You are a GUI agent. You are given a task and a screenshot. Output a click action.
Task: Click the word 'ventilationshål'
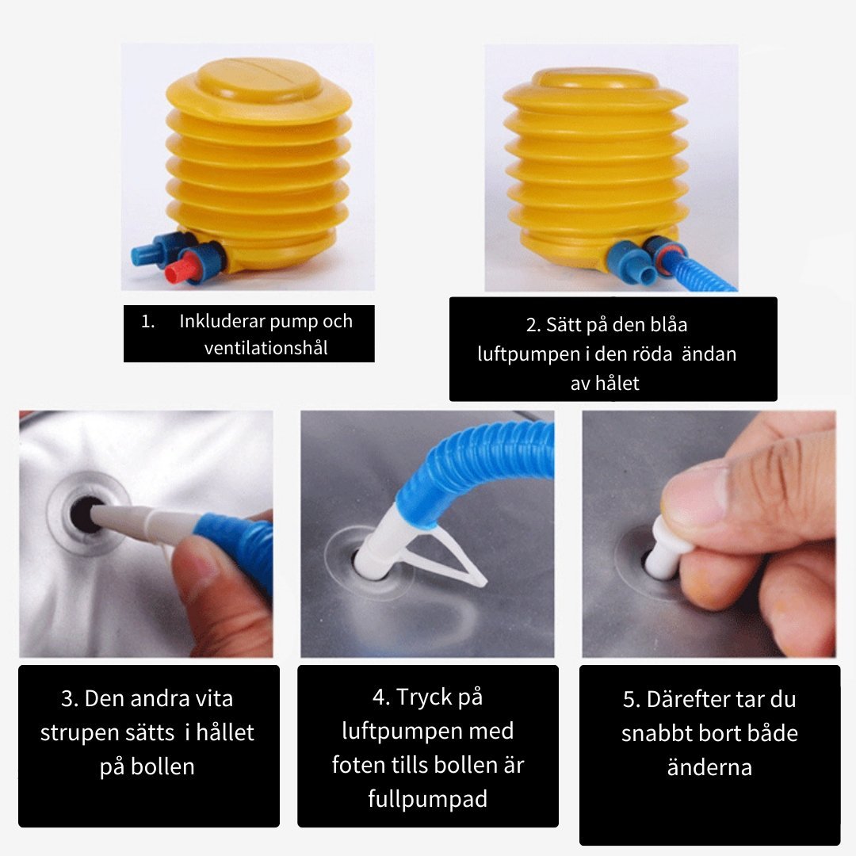(266, 348)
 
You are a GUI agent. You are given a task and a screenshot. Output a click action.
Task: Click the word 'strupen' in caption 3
(72, 733)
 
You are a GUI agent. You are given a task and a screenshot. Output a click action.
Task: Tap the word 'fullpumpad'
(427, 799)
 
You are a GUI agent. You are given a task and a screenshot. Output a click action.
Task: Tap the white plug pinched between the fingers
(667, 546)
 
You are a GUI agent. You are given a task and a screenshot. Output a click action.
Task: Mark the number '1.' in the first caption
(147, 321)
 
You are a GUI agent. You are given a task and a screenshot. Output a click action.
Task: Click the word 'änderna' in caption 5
(709, 768)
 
